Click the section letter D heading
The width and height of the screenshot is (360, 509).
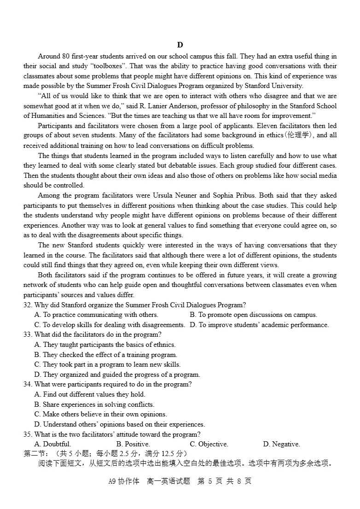coord(180,45)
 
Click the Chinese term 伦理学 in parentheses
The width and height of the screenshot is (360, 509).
coord(299,135)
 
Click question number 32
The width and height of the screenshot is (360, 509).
coord(28,305)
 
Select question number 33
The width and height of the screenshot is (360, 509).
coord(28,334)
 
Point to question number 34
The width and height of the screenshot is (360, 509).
coord(28,384)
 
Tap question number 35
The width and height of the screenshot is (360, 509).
coord(28,434)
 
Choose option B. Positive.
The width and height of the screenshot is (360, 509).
coord(133,444)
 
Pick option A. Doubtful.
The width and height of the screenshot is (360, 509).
coord(52,444)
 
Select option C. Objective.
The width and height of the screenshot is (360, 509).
coord(209,444)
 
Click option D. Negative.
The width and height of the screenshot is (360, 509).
coord(281,444)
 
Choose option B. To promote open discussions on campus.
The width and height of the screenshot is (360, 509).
coord(253,315)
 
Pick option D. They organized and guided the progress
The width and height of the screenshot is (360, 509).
coord(117,374)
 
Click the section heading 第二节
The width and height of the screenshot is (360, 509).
coord(35,454)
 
